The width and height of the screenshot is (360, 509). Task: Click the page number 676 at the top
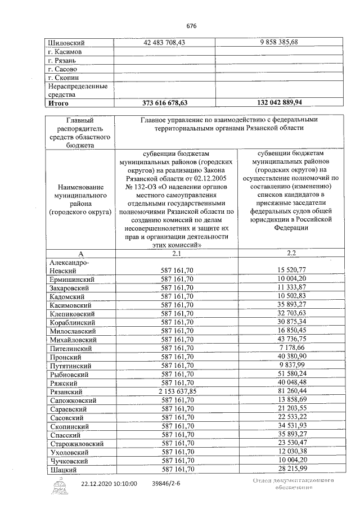192,25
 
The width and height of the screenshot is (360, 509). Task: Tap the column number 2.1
176,253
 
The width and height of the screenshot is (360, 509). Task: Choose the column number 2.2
290,253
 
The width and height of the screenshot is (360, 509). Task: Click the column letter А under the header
79,253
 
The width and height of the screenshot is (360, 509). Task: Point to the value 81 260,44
290,391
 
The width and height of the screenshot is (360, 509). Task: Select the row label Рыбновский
70,373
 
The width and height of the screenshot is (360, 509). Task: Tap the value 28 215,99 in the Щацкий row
290,469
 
